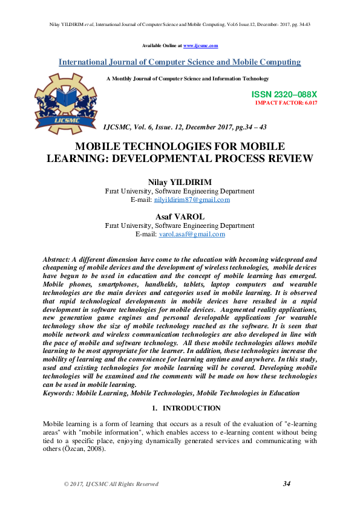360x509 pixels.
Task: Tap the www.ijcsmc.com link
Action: (200, 45)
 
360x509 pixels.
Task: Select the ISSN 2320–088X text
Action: (284, 95)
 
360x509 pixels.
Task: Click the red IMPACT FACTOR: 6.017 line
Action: (286, 103)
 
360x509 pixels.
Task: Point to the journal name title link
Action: (180, 62)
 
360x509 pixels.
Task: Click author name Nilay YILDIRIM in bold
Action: (180, 182)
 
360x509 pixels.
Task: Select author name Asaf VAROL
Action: (180, 216)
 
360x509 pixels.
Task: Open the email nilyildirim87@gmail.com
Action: (192, 199)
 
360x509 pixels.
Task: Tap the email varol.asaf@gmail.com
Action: (192, 234)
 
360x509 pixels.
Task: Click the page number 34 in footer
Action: (287, 484)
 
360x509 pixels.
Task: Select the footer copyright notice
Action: (111, 484)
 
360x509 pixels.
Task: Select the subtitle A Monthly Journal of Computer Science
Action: (188, 79)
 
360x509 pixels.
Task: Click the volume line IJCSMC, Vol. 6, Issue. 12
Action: (185, 128)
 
